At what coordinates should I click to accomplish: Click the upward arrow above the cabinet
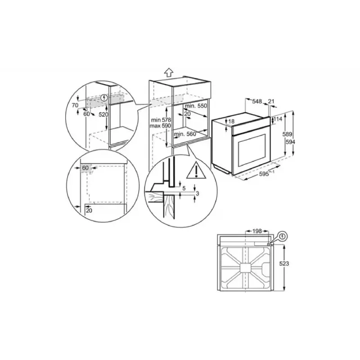169,71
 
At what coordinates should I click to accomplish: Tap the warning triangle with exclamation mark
197,171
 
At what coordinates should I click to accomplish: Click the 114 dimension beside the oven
279,119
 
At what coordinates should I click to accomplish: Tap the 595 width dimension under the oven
261,175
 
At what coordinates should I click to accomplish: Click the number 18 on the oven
231,121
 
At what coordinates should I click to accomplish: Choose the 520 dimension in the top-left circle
104,114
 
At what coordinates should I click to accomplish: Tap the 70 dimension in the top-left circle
75,105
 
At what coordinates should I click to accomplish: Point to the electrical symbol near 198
282,235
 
